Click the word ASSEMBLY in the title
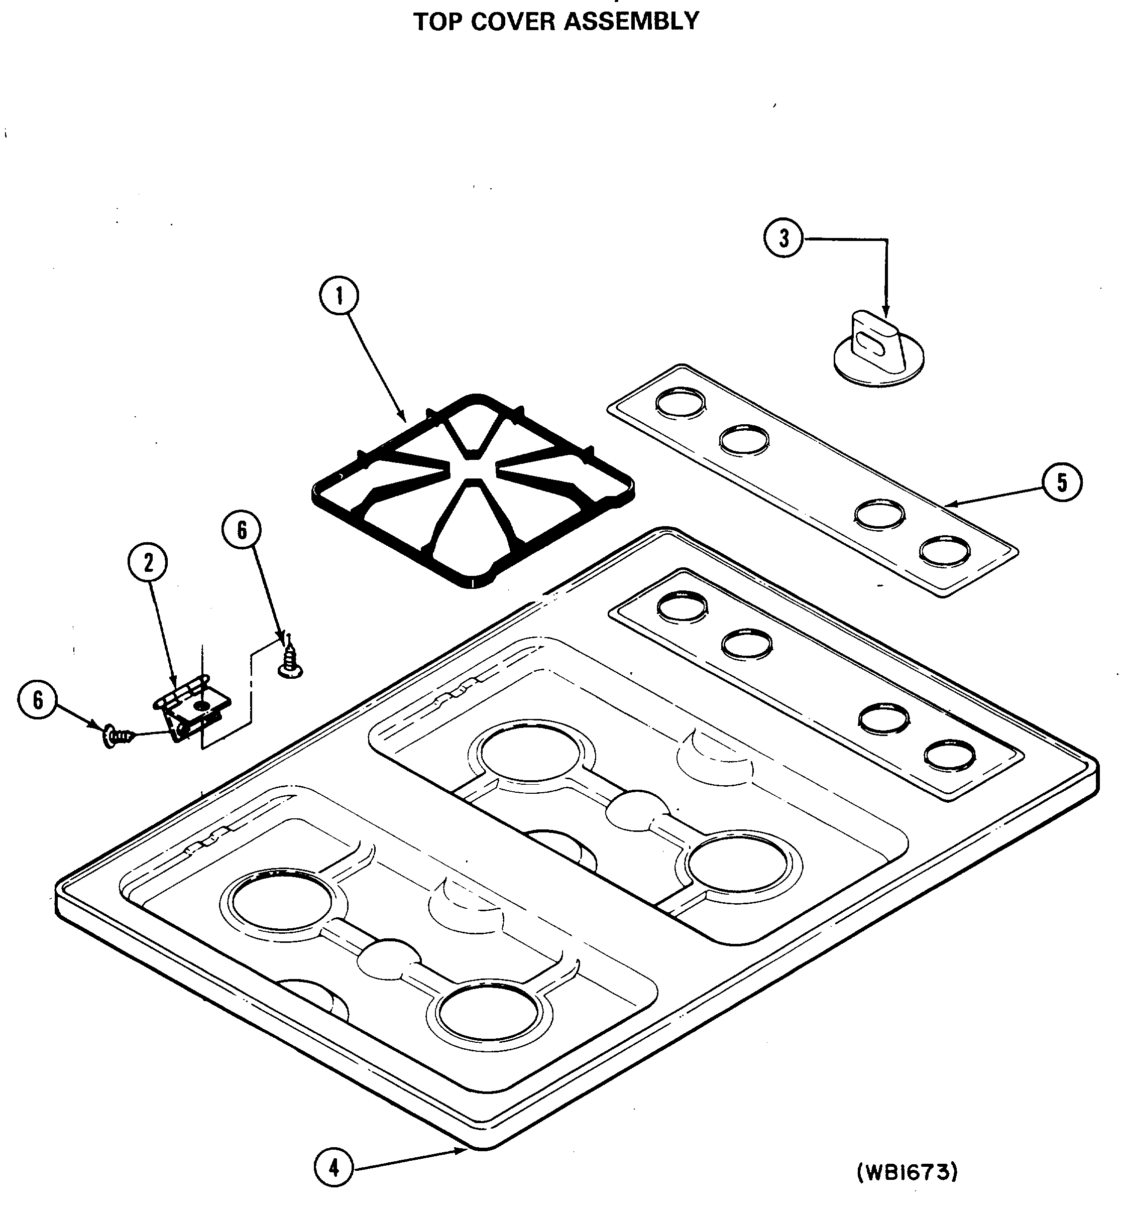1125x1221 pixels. pyautogui.click(x=631, y=21)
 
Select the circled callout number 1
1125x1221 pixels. pyautogui.click(x=339, y=296)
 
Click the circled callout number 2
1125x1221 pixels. pyautogui.click(x=148, y=563)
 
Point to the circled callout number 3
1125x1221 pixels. pyautogui.click(x=783, y=238)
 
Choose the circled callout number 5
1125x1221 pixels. pyautogui.click(x=1062, y=482)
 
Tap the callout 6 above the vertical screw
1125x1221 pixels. pyautogui.click(x=242, y=530)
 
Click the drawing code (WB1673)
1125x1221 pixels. pyautogui.click(x=907, y=1171)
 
